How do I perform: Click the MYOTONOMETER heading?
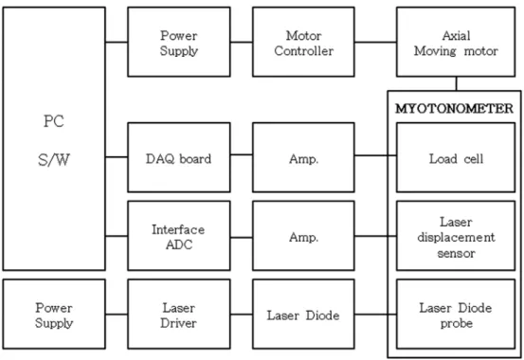(x=454, y=109)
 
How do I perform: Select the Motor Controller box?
(x=303, y=42)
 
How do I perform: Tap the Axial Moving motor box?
(x=456, y=42)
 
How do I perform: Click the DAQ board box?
(x=179, y=157)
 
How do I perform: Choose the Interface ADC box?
(x=179, y=236)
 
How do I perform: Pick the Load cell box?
(x=456, y=157)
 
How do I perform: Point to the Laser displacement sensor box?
(x=456, y=236)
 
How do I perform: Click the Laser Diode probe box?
(x=456, y=315)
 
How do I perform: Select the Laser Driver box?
(x=179, y=315)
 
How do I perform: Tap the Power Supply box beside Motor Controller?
(x=179, y=42)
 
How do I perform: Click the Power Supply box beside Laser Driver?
(x=54, y=315)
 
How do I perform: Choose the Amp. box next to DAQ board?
(x=303, y=157)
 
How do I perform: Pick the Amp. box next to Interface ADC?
(x=303, y=236)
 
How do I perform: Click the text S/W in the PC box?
(x=54, y=160)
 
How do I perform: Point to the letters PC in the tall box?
(x=54, y=121)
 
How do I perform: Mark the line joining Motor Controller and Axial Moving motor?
(x=375, y=42)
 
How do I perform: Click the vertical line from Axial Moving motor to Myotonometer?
(x=456, y=83)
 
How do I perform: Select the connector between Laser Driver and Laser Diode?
(x=242, y=315)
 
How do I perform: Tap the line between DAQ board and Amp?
(x=242, y=154)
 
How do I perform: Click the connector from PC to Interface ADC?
(x=117, y=236)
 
